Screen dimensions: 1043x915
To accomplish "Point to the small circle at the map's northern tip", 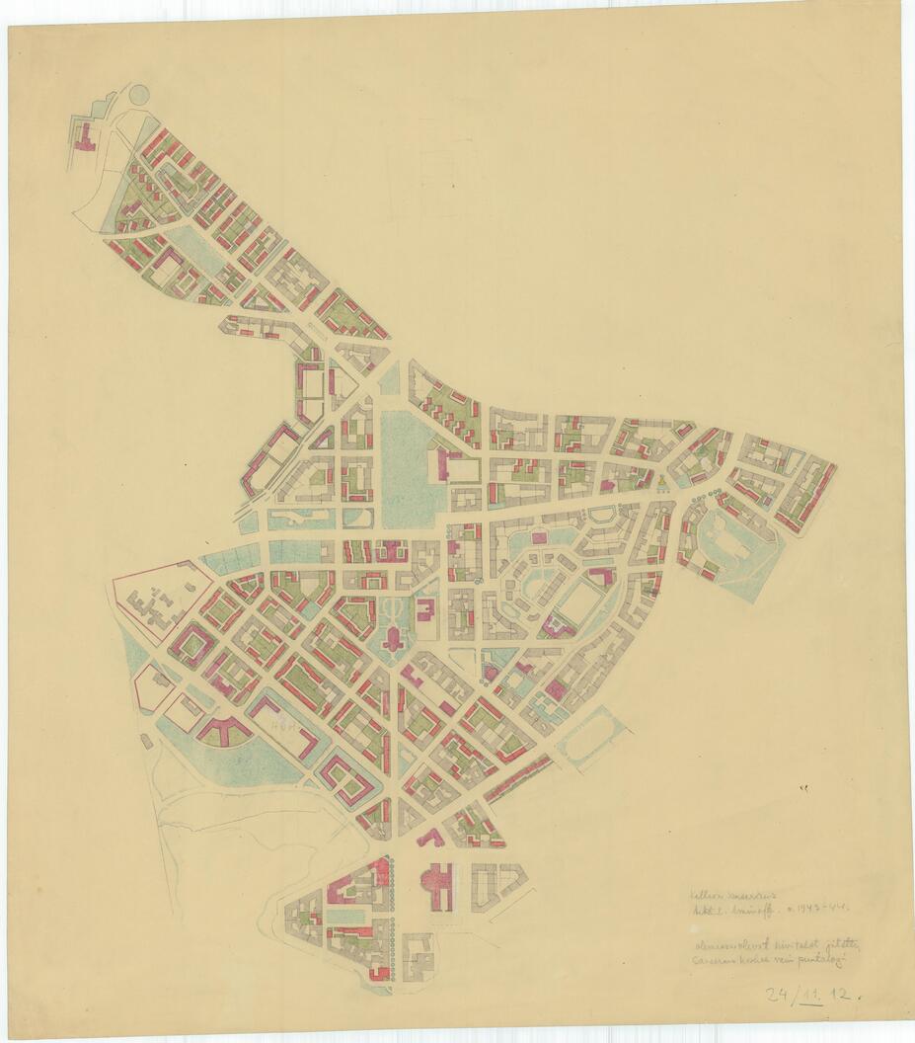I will pos(139,94).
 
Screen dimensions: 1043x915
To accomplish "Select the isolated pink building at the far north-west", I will pos(84,137).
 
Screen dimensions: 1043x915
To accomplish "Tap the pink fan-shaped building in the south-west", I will pos(225,731).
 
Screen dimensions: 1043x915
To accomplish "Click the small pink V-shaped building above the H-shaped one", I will pos(429,838).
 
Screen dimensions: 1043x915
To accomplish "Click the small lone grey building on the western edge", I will pos(147,740).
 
